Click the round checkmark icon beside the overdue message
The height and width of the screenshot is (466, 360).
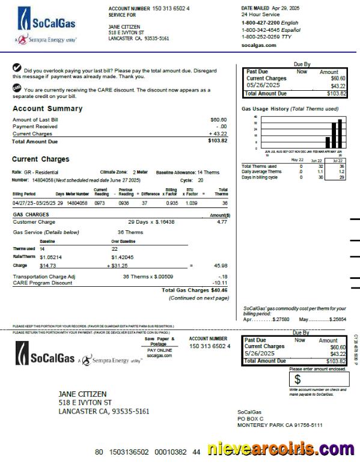[x=17, y=69]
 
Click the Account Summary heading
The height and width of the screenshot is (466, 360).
[x=47, y=109]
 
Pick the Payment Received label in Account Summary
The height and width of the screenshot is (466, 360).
[x=35, y=127]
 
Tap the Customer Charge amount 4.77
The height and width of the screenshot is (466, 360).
[x=222, y=222]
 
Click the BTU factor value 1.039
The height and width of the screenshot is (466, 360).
[x=191, y=203]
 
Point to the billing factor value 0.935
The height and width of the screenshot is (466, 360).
[x=172, y=203]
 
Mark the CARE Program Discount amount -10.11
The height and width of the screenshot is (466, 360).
[x=219, y=282]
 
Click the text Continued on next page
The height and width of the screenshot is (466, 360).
[x=198, y=298]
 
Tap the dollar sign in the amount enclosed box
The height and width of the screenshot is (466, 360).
[x=297, y=379]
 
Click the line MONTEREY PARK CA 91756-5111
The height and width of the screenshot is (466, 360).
[x=279, y=425]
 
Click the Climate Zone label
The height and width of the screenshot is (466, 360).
[x=115, y=171]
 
